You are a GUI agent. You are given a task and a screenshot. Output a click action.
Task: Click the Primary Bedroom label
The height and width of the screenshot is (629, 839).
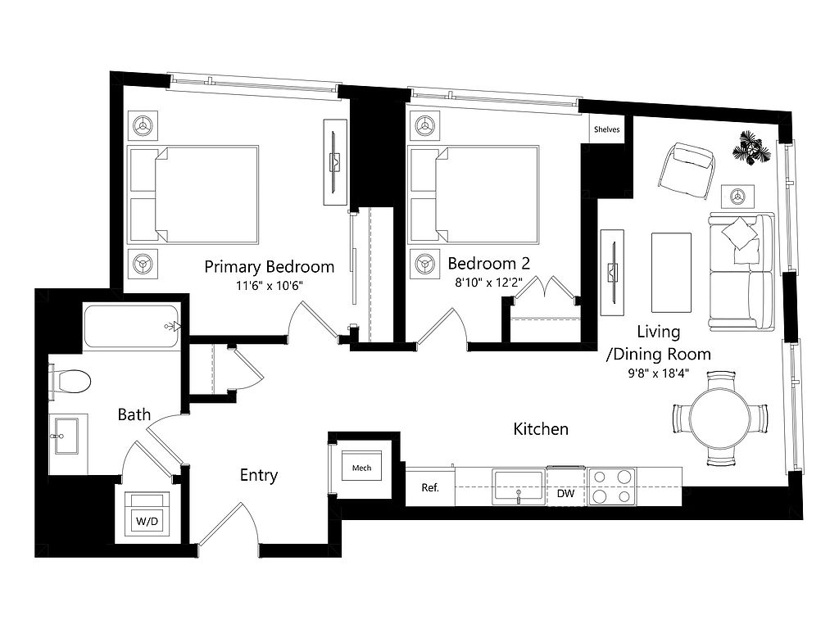pyautogui.click(x=269, y=266)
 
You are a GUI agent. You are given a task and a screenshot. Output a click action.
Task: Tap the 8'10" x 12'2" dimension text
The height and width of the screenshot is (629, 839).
pyautogui.click(x=488, y=283)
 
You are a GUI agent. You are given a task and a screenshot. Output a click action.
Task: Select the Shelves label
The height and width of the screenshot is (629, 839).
pyautogui.click(x=607, y=129)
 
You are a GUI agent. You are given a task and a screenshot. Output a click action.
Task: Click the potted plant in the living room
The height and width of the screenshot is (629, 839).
pyautogui.click(x=752, y=147)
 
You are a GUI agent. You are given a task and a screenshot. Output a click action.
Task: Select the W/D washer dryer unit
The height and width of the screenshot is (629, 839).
pyautogui.click(x=147, y=514)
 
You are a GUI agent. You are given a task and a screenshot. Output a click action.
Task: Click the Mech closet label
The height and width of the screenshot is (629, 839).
pyautogui.click(x=361, y=468)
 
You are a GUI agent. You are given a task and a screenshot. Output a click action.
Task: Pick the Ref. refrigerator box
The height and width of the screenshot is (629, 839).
pyautogui.click(x=430, y=486)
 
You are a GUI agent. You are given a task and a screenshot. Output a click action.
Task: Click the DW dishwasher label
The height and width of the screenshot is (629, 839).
pyautogui.click(x=565, y=493)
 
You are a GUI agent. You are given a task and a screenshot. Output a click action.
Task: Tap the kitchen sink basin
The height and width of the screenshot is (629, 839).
pyautogui.click(x=519, y=486)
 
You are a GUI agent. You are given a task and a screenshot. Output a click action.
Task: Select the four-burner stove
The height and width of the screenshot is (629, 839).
pyautogui.click(x=612, y=486)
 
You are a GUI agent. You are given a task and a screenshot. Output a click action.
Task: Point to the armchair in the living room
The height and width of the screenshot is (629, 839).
pyautogui.click(x=687, y=170)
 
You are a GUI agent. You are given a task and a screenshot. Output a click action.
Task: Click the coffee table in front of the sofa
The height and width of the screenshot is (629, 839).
pyautogui.click(x=671, y=272)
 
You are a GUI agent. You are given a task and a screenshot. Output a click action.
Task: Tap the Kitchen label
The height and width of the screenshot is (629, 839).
pyautogui.click(x=541, y=429)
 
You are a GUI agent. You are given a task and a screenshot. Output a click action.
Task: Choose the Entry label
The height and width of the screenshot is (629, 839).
pyautogui.click(x=259, y=476)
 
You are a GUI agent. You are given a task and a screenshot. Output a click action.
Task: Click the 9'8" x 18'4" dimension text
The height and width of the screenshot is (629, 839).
pyautogui.click(x=658, y=373)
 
